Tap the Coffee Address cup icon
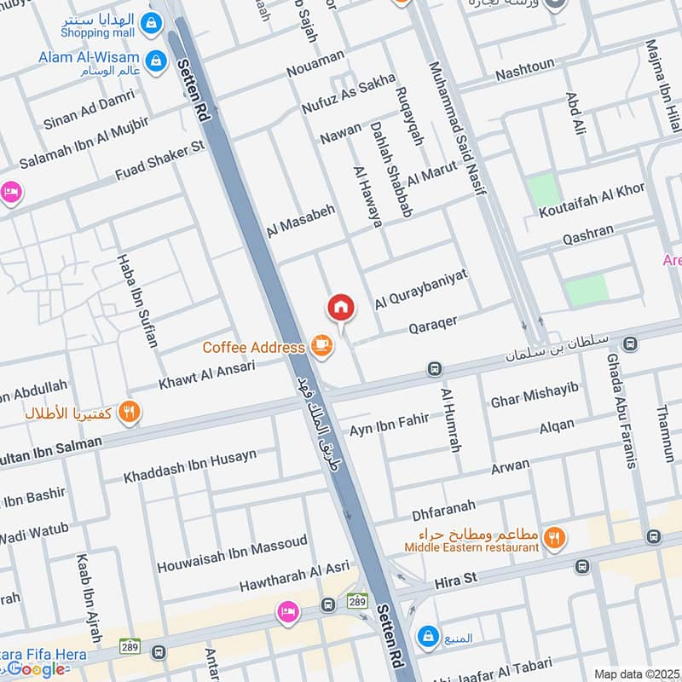pyautogui.click(x=321, y=345)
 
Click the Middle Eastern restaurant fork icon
pyautogui.click(x=554, y=536)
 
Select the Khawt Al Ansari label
pyautogui.click(x=206, y=375)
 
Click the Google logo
pyautogui.click(x=36, y=669)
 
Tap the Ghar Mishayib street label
pyautogui.click(x=535, y=395)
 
